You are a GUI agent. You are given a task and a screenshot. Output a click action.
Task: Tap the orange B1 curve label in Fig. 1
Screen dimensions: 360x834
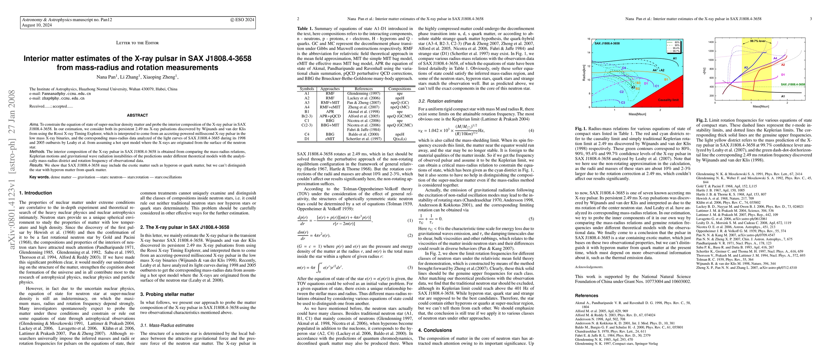click(x=666, y=79)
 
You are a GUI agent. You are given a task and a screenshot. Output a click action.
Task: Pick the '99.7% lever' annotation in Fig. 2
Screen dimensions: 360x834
click(x=758, y=41)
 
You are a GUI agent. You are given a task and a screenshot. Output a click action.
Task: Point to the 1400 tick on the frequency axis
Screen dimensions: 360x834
click(x=711, y=42)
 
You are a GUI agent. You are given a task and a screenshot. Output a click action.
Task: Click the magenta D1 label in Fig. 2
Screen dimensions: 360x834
click(x=783, y=75)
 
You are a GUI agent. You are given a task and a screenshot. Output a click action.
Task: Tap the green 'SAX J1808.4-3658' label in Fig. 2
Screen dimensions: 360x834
click(x=793, y=85)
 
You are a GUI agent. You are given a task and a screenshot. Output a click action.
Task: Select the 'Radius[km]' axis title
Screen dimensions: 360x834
click(x=584, y=73)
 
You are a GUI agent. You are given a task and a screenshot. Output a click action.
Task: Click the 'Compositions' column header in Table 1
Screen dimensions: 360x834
click(x=399, y=89)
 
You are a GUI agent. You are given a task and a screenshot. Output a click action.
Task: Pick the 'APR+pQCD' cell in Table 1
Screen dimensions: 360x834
click(x=330, y=116)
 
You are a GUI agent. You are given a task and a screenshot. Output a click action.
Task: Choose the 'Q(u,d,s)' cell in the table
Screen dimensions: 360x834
click(x=399, y=139)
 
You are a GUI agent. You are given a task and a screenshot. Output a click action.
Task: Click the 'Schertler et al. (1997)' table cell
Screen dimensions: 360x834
click(x=363, y=139)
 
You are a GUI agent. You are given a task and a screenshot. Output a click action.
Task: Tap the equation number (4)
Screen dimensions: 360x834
click(x=531, y=130)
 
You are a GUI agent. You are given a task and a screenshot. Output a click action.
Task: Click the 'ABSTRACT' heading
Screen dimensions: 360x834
click(x=137, y=115)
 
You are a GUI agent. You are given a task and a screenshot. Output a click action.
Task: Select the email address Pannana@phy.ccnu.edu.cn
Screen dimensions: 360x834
click(x=66, y=94)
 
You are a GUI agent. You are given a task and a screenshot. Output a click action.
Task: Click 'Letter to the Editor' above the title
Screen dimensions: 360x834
click(x=137, y=43)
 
